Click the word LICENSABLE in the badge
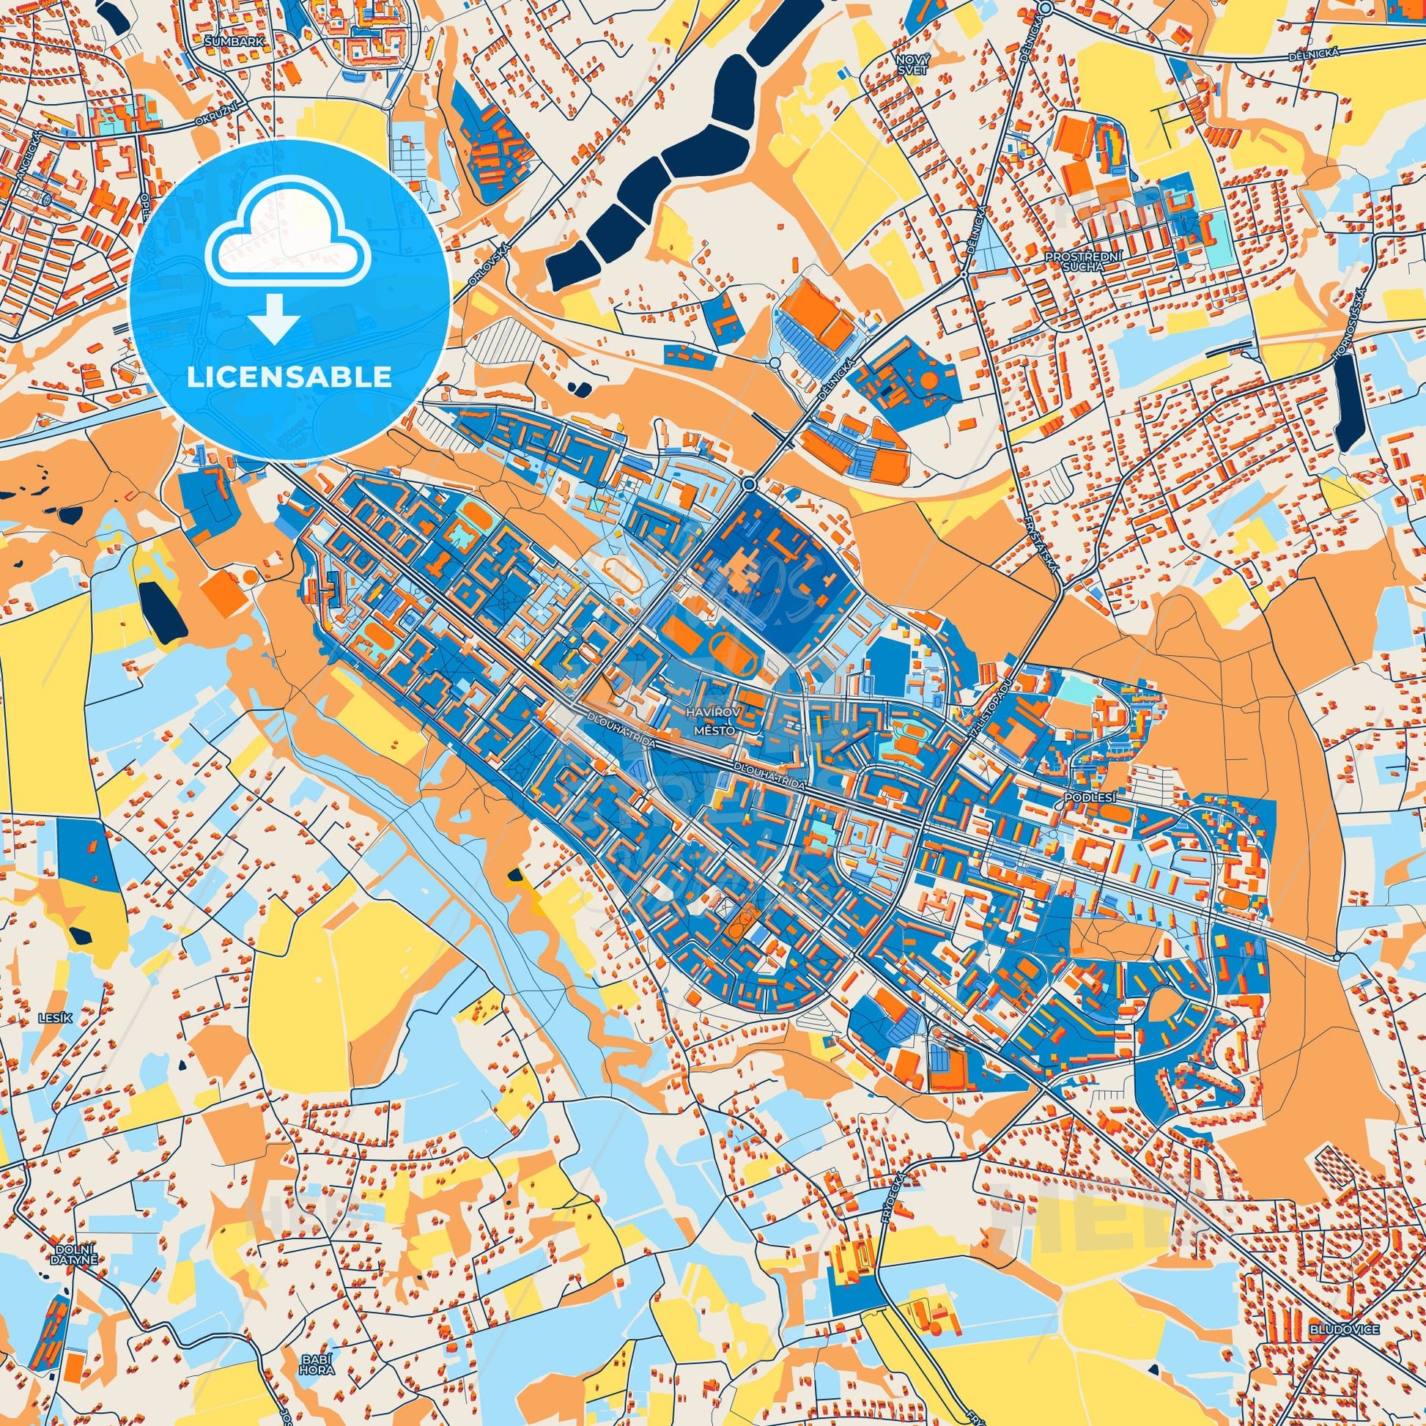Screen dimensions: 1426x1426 (289, 377)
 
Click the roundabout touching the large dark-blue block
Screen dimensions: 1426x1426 (749, 484)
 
